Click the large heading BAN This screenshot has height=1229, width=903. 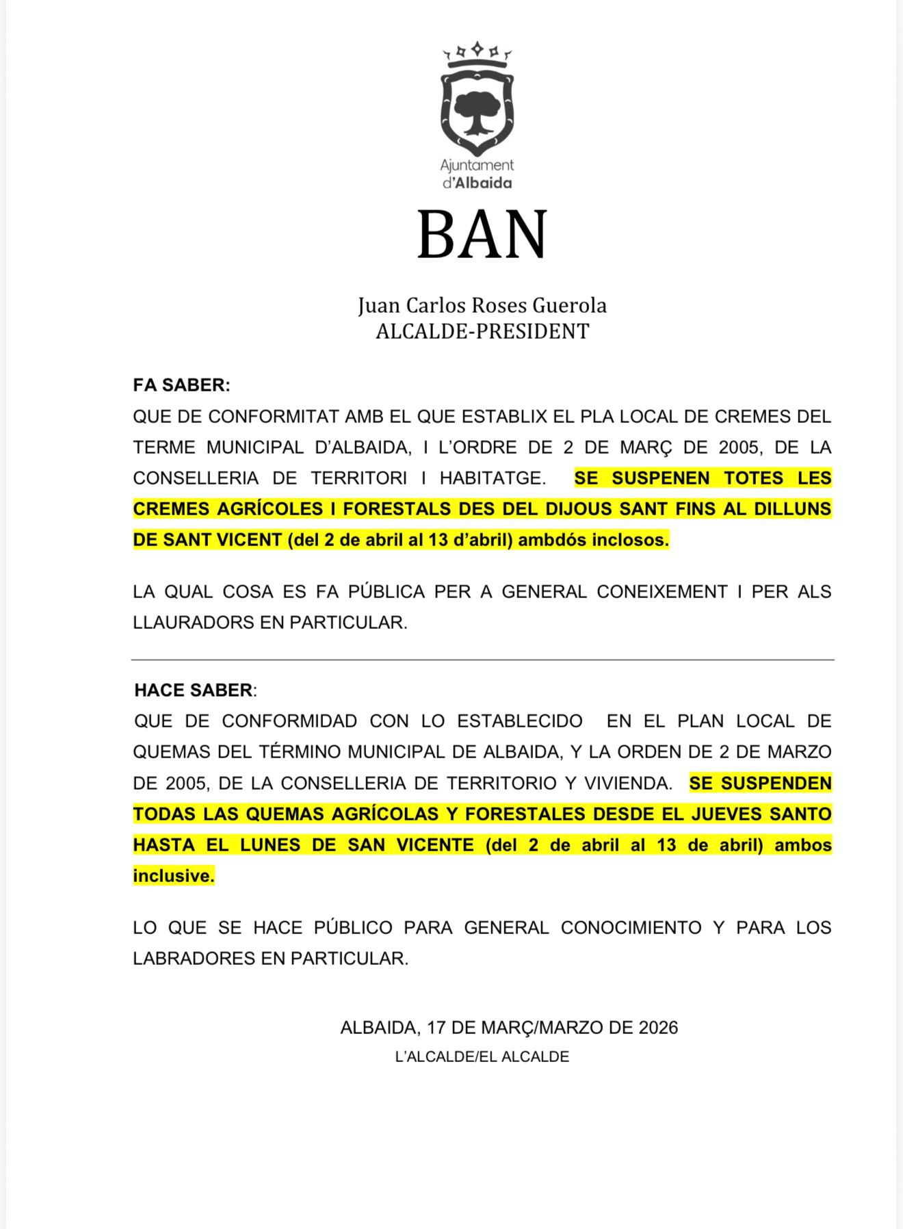point(482,235)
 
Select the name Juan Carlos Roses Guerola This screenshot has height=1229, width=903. point(482,305)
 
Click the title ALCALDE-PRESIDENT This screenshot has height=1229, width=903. point(482,331)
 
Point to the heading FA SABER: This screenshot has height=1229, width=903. point(181,385)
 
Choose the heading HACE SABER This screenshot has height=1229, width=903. point(194,690)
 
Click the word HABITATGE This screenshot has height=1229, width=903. point(493,478)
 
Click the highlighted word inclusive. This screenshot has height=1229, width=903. point(174,876)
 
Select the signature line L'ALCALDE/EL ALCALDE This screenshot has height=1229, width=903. point(482,1057)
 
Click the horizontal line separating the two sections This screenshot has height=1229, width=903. point(482,660)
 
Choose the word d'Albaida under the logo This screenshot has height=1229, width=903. point(477,183)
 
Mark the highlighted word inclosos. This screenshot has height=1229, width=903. point(630,540)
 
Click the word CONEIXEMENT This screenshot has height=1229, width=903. point(662,591)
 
